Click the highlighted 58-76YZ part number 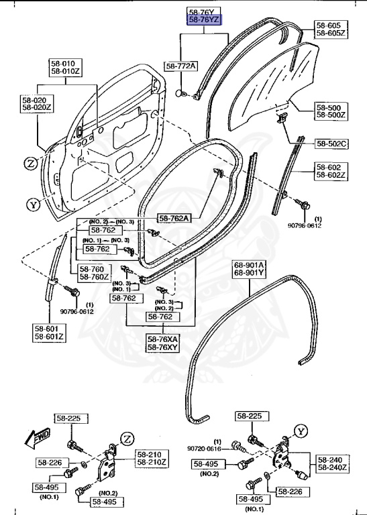coord(204,21)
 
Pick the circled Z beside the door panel coord(32,162)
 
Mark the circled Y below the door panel coord(32,205)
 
